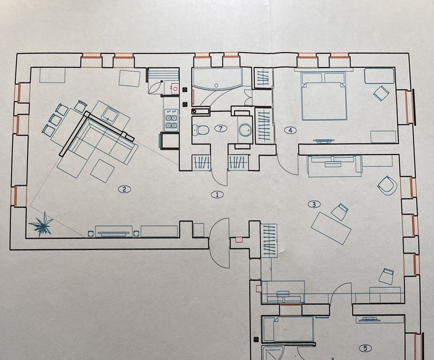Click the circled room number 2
coord(124,189)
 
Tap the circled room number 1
coord(217,195)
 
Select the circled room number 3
coord(314,204)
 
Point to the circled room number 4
coord(290,130)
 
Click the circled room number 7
coord(221,128)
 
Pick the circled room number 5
coord(365,348)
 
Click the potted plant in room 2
coord(41,224)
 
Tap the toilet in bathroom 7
coord(200,130)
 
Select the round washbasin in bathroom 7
coord(245,130)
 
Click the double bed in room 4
coord(325,96)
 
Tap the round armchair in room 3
coord(388,184)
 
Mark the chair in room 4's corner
coord(381,93)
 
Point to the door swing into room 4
coord(287,165)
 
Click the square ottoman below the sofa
coord(102,171)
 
